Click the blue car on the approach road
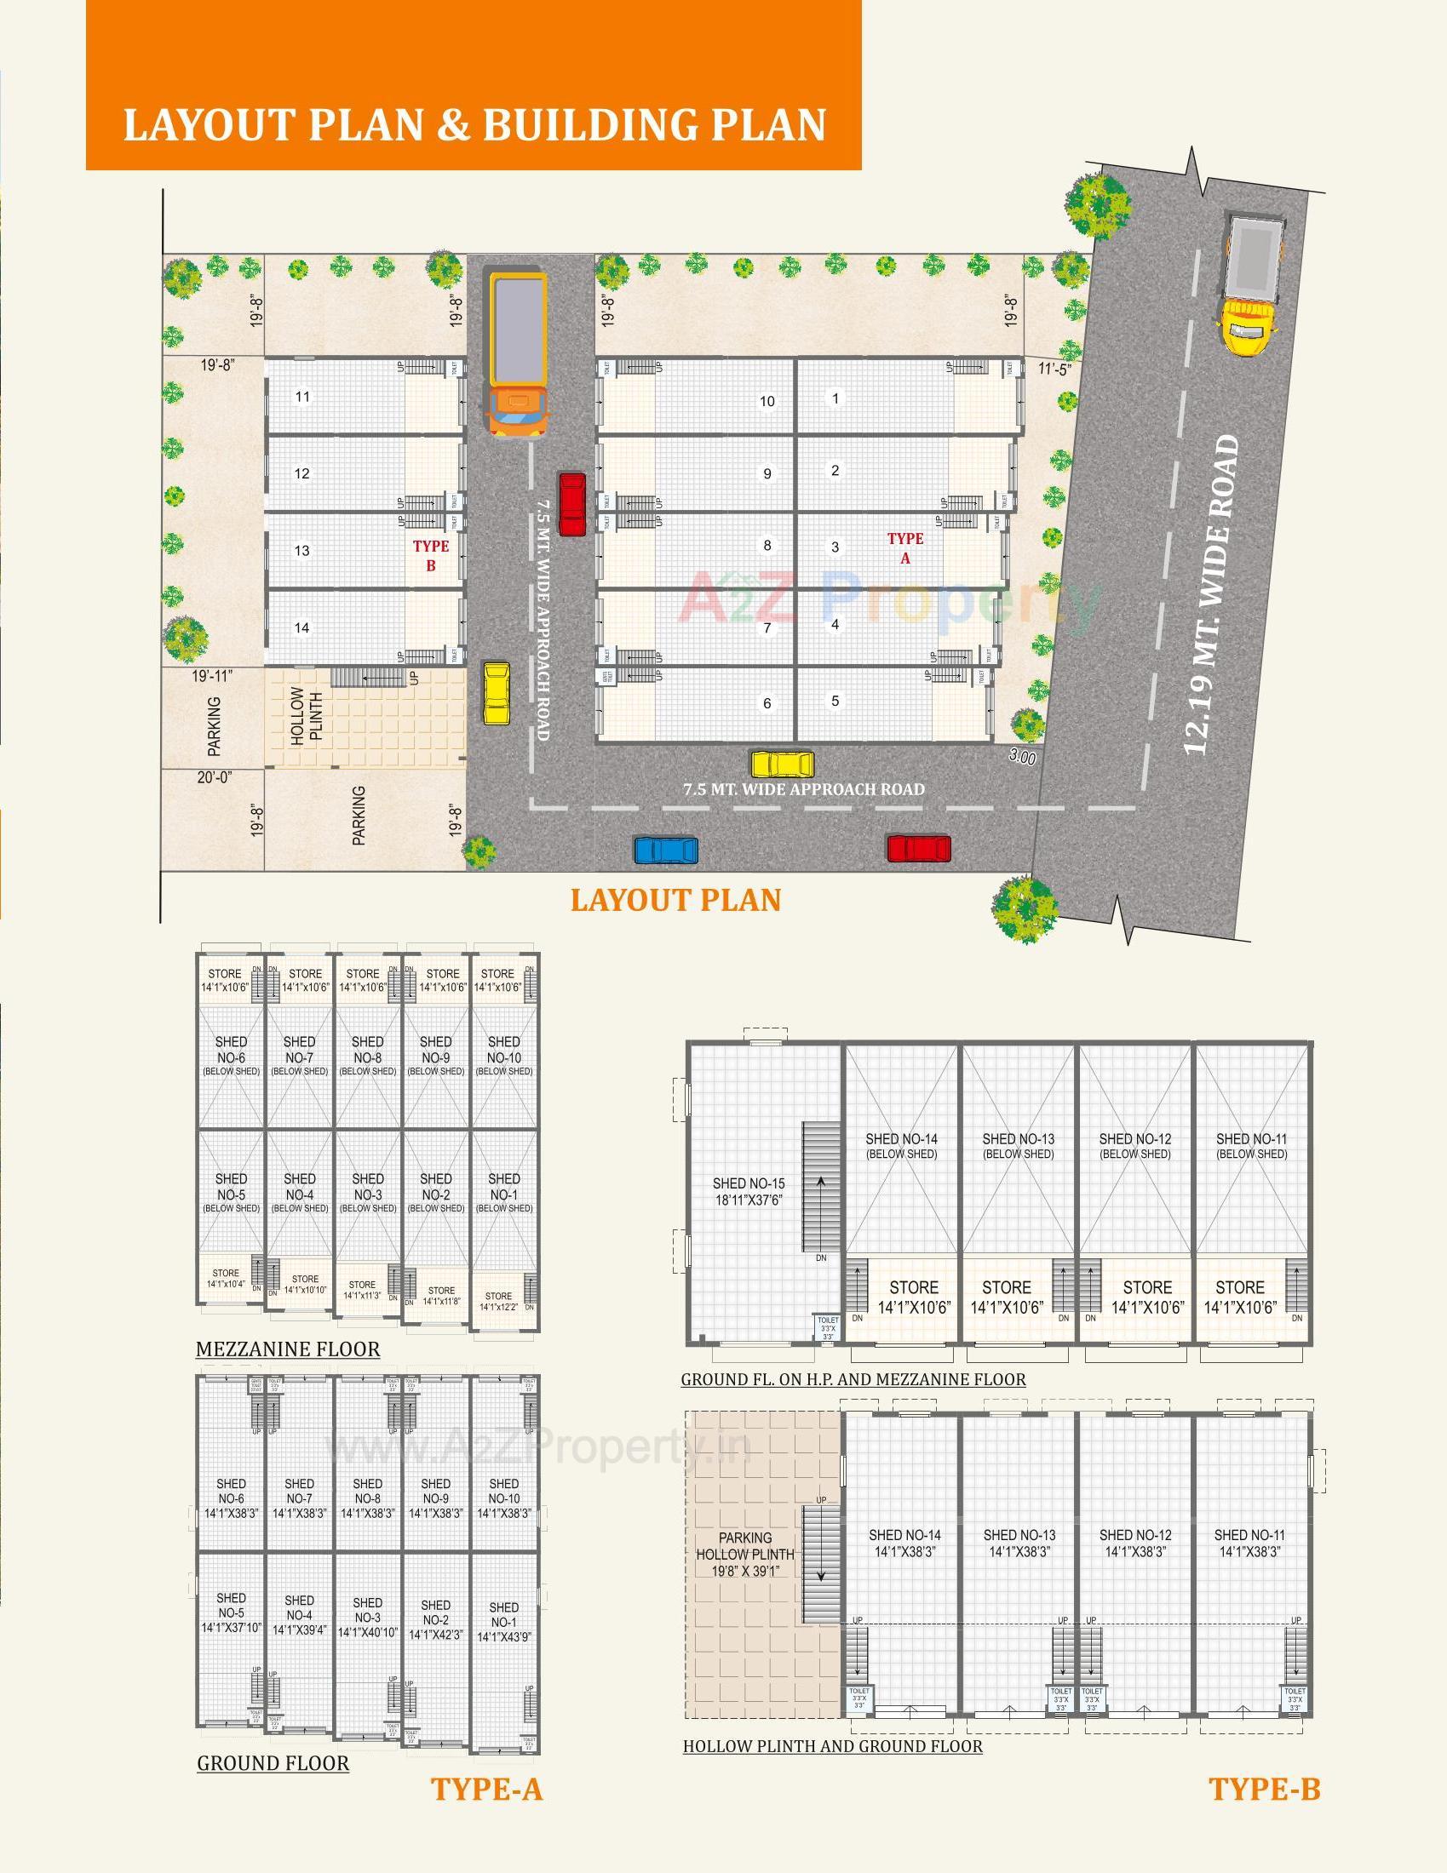(666, 850)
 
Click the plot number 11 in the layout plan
(302, 396)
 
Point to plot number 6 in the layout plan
(767, 703)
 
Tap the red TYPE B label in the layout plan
(431, 556)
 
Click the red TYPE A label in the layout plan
(905, 548)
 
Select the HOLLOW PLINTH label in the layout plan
(307, 716)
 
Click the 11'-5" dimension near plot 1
(1054, 369)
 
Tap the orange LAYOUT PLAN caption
(676, 900)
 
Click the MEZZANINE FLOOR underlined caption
(287, 1349)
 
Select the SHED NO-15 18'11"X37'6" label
(749, 1191)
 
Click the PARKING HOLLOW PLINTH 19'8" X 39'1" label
(745, 1554)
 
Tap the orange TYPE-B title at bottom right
(1264, 1789)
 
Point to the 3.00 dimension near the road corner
(1021, 758)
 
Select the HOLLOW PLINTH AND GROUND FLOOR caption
(832, 1746)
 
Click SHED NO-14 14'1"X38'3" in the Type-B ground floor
(905, 1543)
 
